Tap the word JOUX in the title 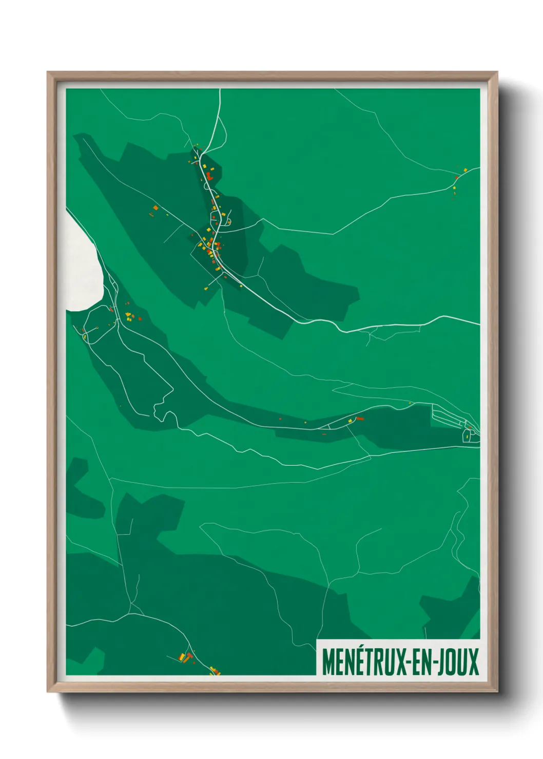coord(458,662)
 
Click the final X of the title coord(474,662)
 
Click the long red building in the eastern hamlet coord(360,418)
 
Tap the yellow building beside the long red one coord(351,421)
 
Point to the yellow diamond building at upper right coord(465,170)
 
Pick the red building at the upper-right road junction coord(456,178)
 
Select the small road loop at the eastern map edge coord(467,435)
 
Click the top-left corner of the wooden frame coord(48,73)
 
